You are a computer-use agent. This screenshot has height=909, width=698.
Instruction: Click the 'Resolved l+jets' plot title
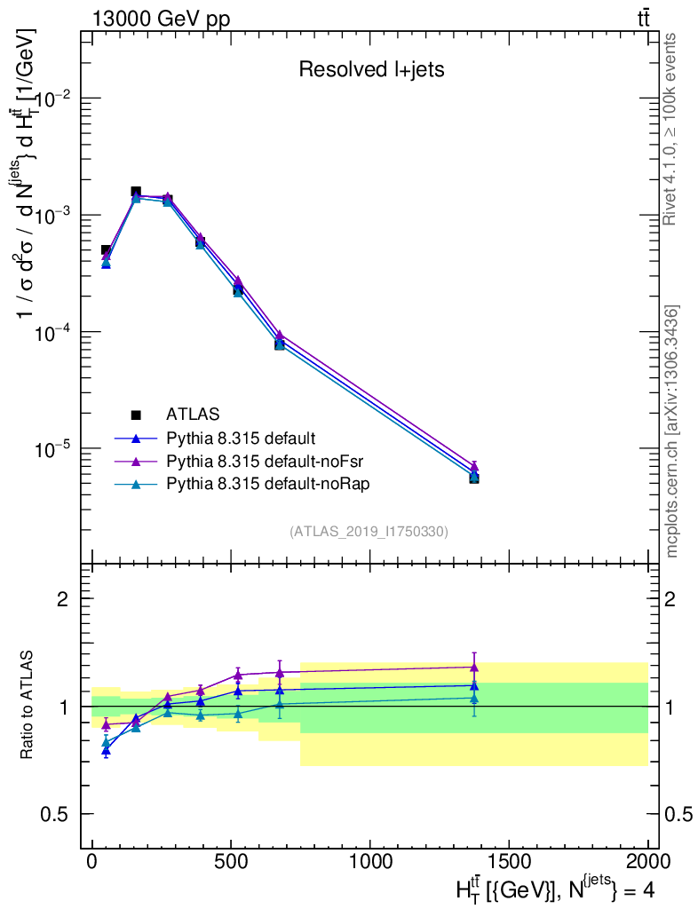[x=371, y=69]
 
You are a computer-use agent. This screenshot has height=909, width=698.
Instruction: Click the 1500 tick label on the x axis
[x=508, y=861]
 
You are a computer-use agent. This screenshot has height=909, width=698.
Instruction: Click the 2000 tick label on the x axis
[x=646, y=861]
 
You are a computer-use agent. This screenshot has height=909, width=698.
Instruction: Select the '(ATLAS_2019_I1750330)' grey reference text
[x=369, y=532]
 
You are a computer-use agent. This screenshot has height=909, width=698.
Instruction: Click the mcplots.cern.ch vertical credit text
[x=672, y=431]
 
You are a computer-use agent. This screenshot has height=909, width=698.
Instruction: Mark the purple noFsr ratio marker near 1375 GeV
[x=474, y=667]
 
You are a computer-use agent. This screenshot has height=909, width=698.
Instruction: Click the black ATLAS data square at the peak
[x=136, y=192]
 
